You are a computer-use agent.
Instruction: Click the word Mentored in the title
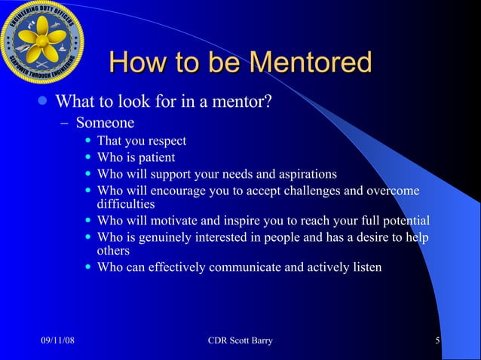(308, 63)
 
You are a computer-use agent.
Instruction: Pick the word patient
(155, 157)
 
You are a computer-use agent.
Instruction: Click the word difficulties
(126, 203)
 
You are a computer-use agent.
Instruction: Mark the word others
(114, 250)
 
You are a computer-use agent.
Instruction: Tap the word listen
(365, 267)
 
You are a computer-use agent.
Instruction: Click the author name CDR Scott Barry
(240, 342)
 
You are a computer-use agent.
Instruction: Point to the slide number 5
(437, 342)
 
